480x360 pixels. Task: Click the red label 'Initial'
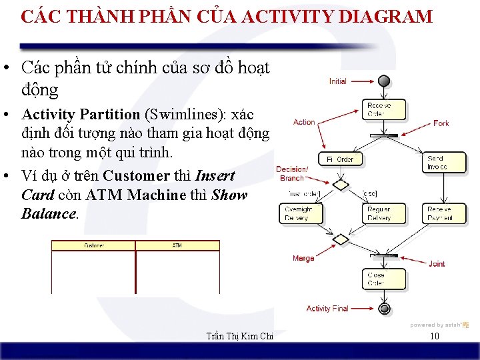338,81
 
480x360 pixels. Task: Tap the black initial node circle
383,81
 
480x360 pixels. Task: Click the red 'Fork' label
441,123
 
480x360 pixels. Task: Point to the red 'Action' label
304,122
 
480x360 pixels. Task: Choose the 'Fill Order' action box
340,159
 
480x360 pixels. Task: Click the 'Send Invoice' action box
440,163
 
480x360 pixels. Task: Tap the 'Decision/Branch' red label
292,173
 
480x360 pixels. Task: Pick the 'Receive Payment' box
441,213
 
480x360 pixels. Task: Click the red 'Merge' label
303,258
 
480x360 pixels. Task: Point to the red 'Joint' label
437,264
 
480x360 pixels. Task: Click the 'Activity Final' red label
327,309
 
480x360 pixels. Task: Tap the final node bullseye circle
384,309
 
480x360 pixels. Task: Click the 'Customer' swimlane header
93,246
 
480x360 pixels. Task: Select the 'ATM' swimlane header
177,246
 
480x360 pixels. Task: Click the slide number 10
435,336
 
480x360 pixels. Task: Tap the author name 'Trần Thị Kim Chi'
241,336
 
